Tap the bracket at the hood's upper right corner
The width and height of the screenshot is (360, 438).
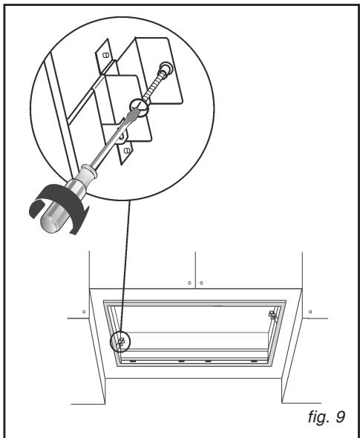(272, 315)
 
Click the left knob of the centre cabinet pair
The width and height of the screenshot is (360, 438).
(189, 283)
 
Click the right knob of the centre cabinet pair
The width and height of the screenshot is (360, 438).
(201, 283)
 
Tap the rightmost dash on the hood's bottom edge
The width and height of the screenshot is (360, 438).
(257, 362)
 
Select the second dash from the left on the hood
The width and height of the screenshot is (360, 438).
(180, 362)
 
